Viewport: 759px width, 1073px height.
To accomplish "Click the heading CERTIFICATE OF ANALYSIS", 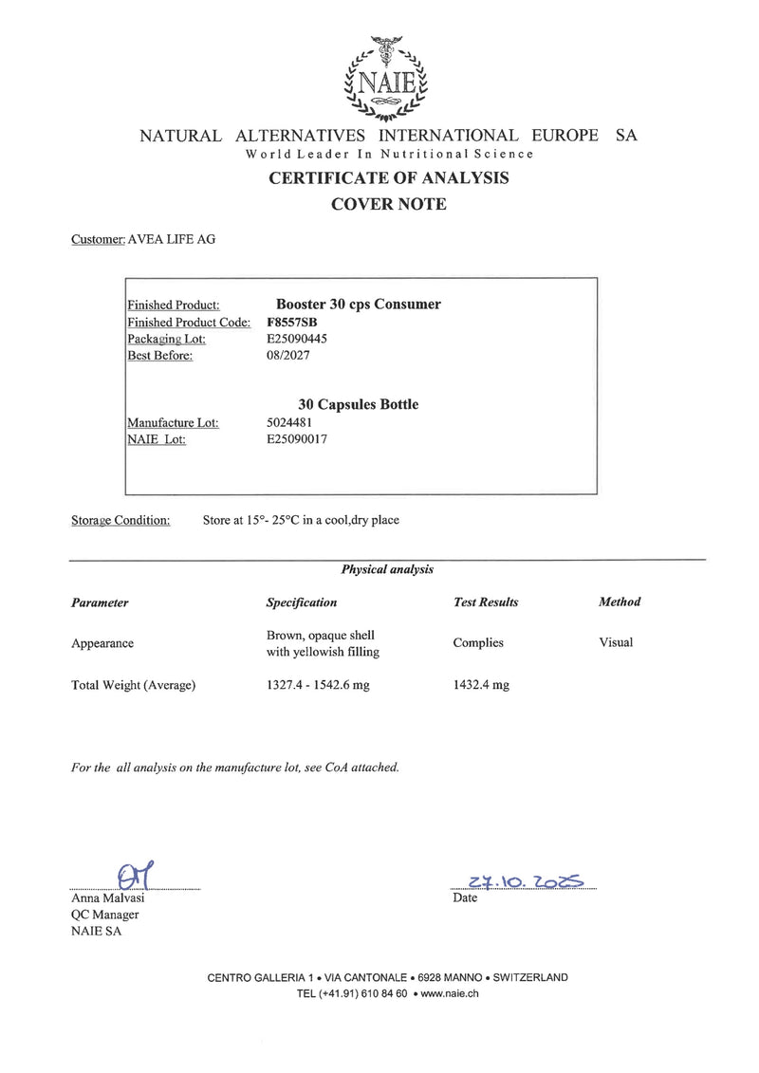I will (x=388, y=177).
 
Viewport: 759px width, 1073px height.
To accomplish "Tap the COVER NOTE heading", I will (x=388, y=204).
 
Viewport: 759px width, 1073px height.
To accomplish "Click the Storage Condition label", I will (x=120, y=520).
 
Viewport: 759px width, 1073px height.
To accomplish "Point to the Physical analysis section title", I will (x=387, y=569).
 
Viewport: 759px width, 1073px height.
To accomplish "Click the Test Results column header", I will (x=486, y=602).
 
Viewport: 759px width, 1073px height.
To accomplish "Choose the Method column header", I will (x=620, y=601).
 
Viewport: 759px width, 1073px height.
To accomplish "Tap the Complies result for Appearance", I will (x=478, y=642).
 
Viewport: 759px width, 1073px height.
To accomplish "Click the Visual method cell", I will (x=616, y=642).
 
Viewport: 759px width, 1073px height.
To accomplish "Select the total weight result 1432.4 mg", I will (x=481, y=685).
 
